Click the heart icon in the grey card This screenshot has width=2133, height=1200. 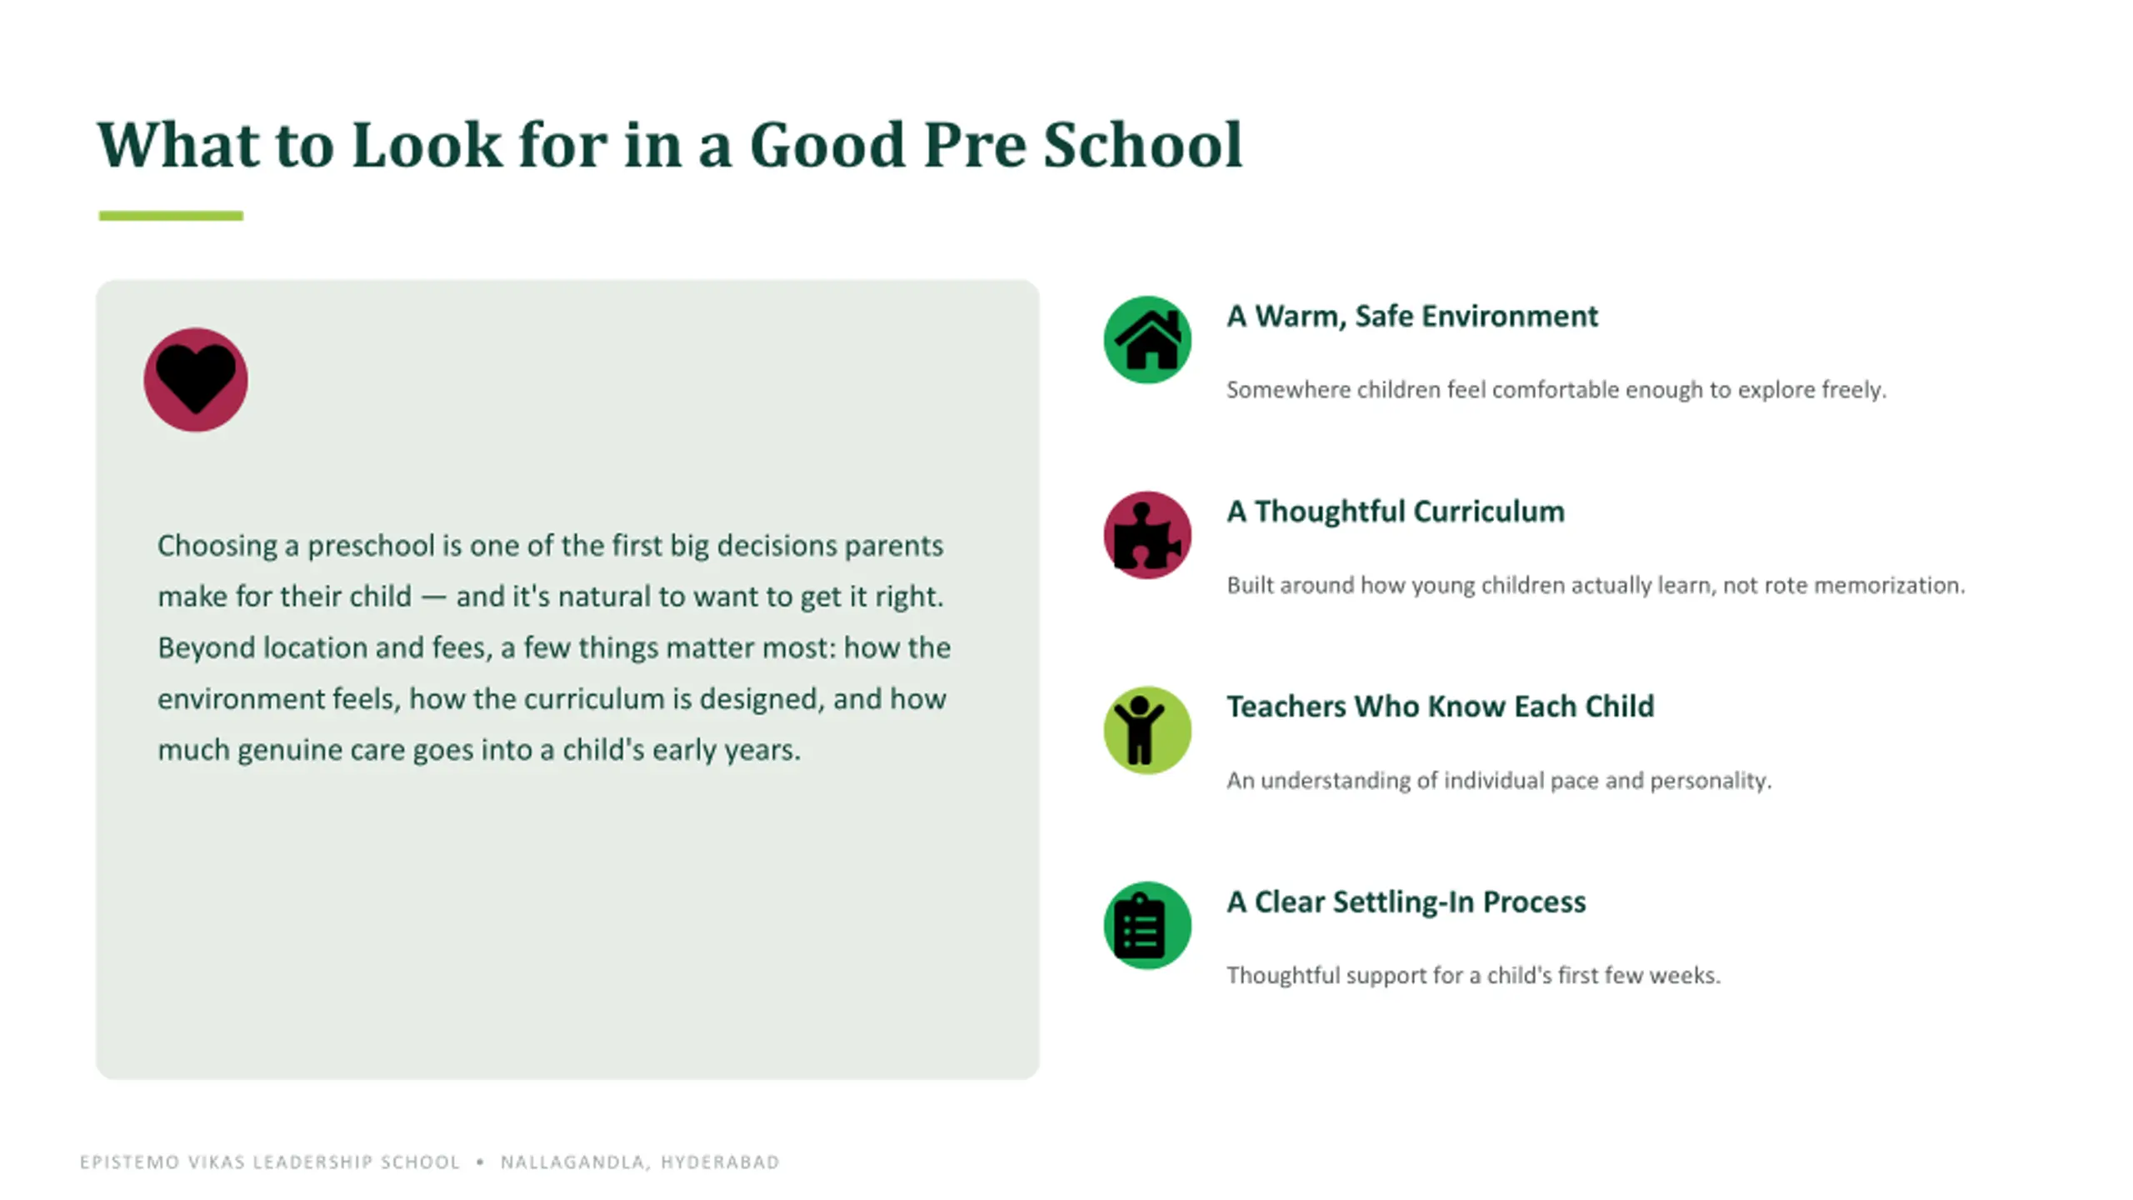click(196, 380)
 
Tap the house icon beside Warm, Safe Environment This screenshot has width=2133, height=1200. click(1147, 339)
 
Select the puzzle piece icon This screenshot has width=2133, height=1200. click(1147, 535)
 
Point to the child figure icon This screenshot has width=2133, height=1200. click(1139, 730)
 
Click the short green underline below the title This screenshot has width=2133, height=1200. click(171, 216)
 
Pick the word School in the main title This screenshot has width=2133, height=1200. click(1142, 145)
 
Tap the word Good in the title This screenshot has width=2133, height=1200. click(827, 145)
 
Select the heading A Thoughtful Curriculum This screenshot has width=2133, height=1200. click(1396, 511)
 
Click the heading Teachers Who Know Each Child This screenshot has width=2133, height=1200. click(1441, 706)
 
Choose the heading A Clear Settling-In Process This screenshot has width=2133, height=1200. click(1406, 902)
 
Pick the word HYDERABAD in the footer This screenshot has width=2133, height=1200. click(721, 1162)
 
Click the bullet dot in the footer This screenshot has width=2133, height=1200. click(480, 1162)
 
